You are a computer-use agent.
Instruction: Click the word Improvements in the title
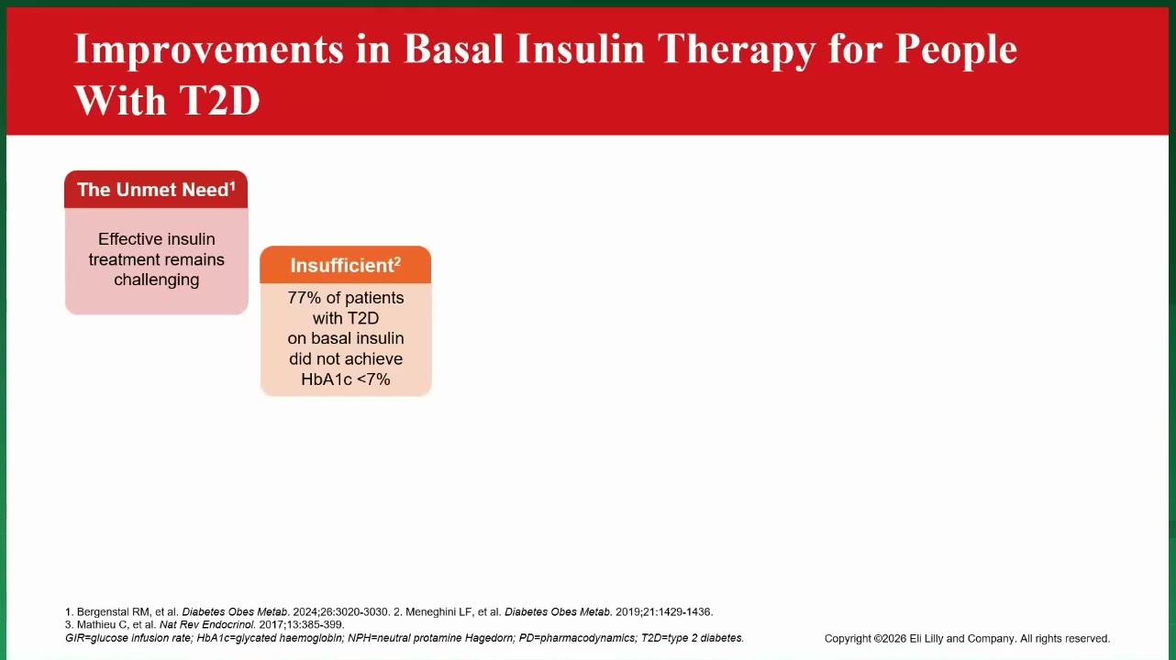pos(209,49)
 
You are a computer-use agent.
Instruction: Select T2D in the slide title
pos(219,100)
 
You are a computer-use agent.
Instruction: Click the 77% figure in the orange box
pos(304,298)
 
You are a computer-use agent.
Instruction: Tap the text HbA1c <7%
pos(346,379)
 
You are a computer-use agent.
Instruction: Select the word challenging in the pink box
pos(157,280)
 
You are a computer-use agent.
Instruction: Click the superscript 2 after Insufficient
pos(397,260)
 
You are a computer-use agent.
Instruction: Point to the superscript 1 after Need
pos(233,186)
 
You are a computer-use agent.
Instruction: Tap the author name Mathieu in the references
pos(95,625)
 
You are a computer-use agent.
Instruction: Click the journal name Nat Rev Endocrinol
pos(206,625)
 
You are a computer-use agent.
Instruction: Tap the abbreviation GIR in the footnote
pos(73,638)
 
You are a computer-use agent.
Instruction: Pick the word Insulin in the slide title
pos(580,49)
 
